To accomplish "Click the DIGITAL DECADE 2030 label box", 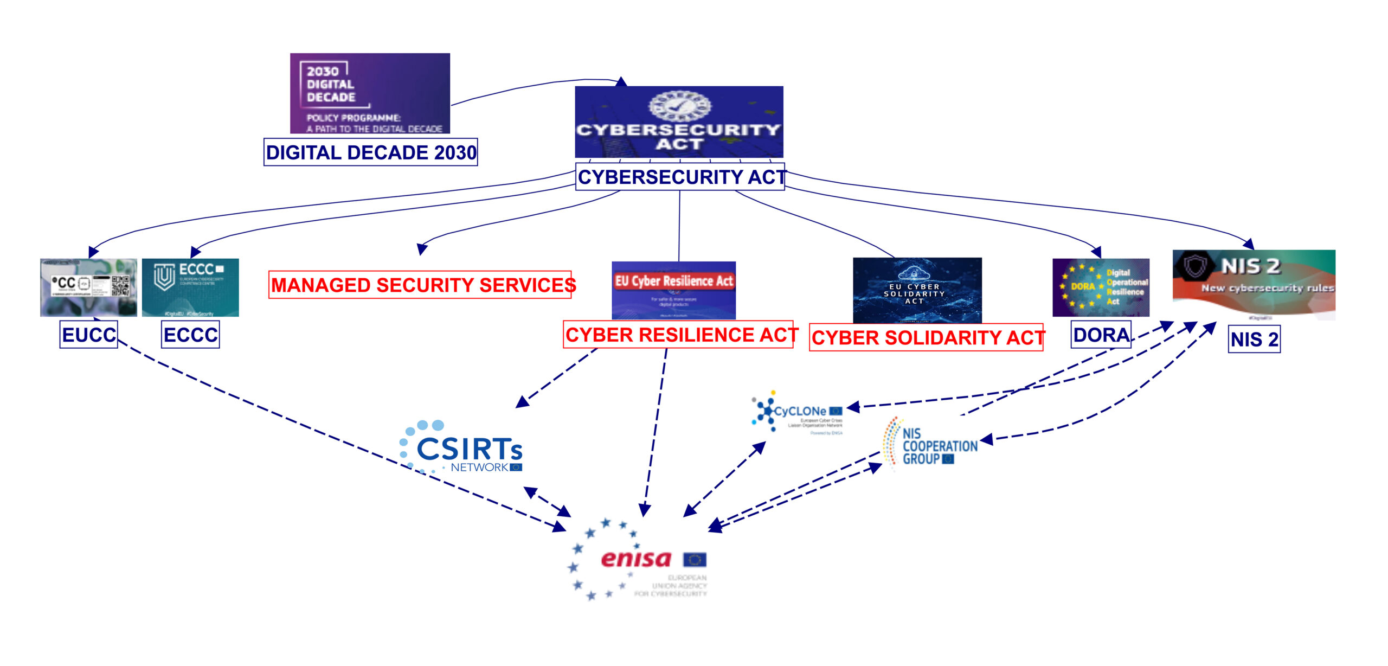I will point(371,152).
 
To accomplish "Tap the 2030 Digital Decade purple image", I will point(370,93).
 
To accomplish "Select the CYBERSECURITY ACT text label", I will point(680,177).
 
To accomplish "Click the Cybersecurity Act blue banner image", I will point(679,122).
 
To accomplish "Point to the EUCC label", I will point(89,335).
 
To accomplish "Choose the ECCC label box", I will point(191,335).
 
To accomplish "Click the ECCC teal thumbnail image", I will point(190,287).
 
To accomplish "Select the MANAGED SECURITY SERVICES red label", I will point(421,285).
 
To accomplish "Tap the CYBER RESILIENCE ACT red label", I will point(679,335).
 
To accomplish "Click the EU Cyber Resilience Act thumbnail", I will point(673,290).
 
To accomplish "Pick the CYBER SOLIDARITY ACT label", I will point(927,337).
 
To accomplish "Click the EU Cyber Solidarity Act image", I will point(917,290).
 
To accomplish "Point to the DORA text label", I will point(1101,335).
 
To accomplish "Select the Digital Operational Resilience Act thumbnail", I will point(1101,287).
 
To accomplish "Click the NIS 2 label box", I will point(1254,340).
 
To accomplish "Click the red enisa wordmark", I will point(636,559).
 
